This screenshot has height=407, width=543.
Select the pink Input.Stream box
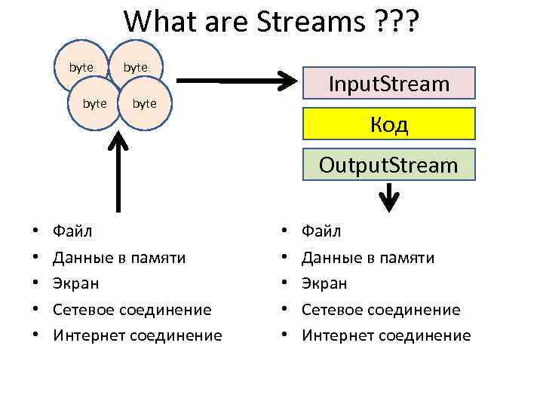(x=389, y=84)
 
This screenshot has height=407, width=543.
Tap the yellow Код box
(x=389, y=124)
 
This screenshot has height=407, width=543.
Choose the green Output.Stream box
(x=389, y=164)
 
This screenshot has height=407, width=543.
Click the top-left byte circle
(x=81, y=67)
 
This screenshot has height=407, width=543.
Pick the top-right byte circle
(x=136, y=67)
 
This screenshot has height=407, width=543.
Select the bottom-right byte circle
(x=144, y=103)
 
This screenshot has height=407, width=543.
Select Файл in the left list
(x=74, y=231)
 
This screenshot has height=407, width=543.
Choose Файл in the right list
(x=321, y=231)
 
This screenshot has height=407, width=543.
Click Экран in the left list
(x=75, y=283)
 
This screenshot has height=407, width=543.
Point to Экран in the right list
(x=324, y=283)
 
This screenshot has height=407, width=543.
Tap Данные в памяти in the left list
(x=119, y=258)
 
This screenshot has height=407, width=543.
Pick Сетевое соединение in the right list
(x=381, y=310)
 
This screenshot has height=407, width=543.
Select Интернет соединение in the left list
(x=137, y=335)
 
